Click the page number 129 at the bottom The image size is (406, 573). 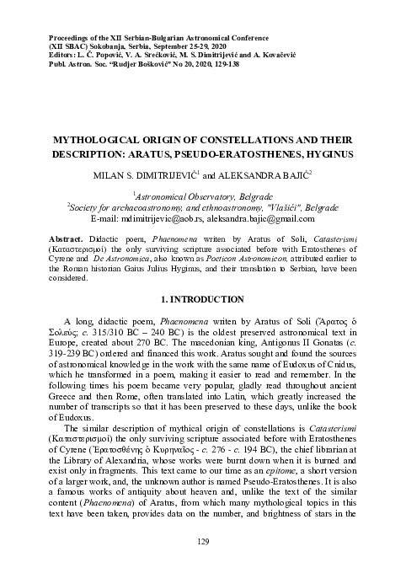point(202,541)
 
